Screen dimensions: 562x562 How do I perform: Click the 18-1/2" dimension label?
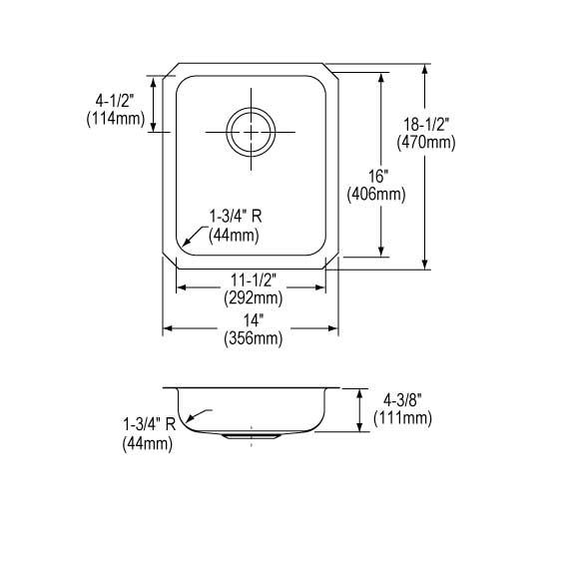[426, 125]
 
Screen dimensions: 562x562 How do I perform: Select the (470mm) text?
[426, 143]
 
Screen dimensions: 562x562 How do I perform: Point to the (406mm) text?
[376, 195]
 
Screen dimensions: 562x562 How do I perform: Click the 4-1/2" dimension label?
[115, 101]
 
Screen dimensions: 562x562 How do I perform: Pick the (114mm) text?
[116, 119]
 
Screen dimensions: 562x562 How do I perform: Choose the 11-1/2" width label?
[253, 280]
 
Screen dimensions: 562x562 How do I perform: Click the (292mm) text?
[253, 297]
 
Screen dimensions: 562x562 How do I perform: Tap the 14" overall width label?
[254, 320]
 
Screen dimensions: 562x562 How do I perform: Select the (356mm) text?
[253, 338]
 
